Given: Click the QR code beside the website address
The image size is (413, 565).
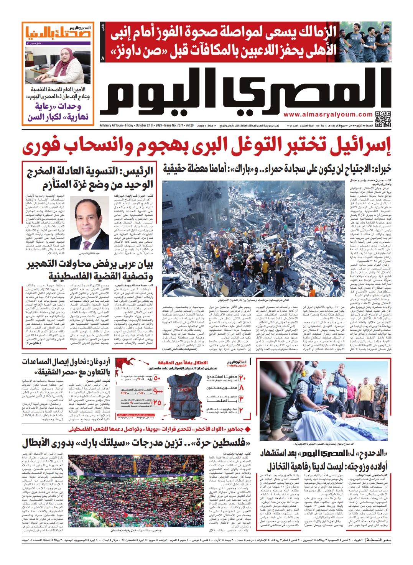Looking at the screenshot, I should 383,118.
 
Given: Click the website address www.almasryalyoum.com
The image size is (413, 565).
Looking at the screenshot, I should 328,114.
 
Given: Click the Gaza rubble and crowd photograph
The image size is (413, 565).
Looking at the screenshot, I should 254,239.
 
